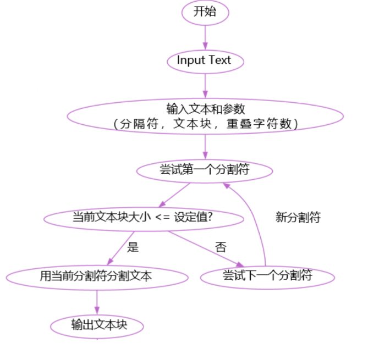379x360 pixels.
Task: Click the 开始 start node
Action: [x=205, y=13]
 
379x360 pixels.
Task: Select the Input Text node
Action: [x=205, y=60]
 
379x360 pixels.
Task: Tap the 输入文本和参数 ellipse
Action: [x=205, y=115]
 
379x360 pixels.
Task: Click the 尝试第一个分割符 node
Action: [x=205, y=170]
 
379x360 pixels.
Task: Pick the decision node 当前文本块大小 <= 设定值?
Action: [x=143, y=218]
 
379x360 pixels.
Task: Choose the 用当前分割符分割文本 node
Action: [x=97, y=276]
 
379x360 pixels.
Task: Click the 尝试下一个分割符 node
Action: [x=267, y=276]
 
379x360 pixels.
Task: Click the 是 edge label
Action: [x=133, y=247]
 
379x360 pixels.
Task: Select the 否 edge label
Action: [x=221, y=247]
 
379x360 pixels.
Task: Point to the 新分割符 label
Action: [x=298, y=218]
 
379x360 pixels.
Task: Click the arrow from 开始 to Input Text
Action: [x=205, y=36]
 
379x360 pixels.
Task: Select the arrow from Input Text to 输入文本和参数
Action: [x=205, y=86]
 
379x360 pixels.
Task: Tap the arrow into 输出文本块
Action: [x=97, y=302]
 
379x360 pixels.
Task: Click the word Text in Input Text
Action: [x=220, y=60]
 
